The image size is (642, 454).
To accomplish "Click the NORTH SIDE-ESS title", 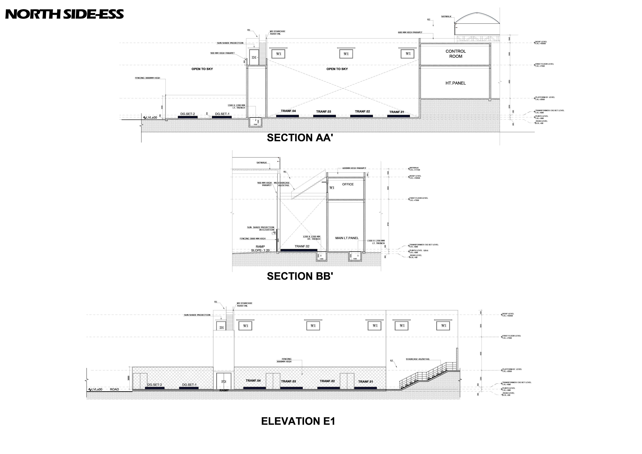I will click(64, 14).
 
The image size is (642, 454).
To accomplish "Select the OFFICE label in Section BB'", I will click(348, 184).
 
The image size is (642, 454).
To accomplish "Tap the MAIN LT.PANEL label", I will click(347, 238).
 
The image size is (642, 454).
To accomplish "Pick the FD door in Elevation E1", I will click(223, 382).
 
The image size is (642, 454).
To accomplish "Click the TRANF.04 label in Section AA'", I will click(288, 111).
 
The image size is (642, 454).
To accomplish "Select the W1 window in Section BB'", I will click(332, 188).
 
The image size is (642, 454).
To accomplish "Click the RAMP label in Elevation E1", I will click(224, 390).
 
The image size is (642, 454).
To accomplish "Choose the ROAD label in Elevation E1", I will click(114, 389).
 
